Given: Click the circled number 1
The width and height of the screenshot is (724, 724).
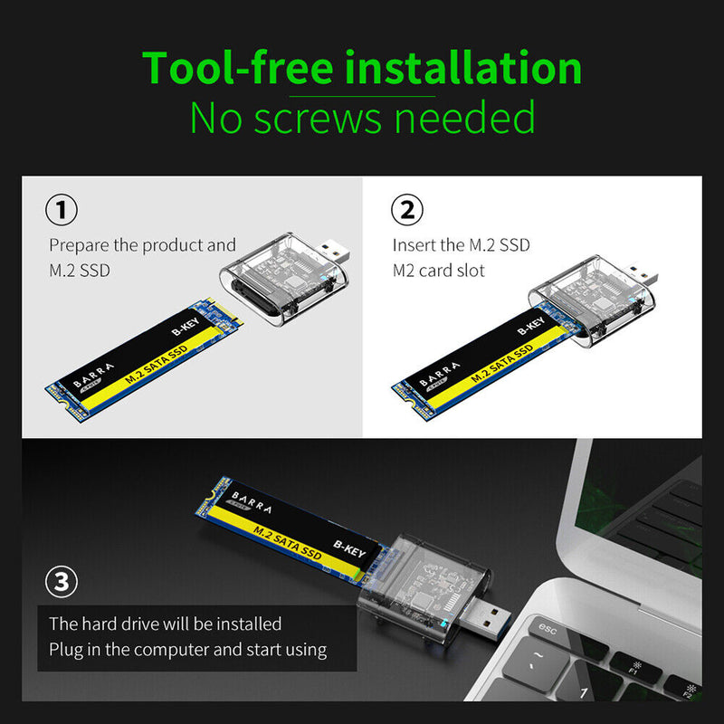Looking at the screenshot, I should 62,211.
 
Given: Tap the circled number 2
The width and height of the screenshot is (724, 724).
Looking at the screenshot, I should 406,211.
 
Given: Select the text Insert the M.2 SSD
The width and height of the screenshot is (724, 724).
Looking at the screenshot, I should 461,245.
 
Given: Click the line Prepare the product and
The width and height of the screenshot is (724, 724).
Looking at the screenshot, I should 142,245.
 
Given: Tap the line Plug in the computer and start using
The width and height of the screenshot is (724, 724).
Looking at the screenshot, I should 187,649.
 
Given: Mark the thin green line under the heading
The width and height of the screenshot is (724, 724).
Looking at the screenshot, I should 362,96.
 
